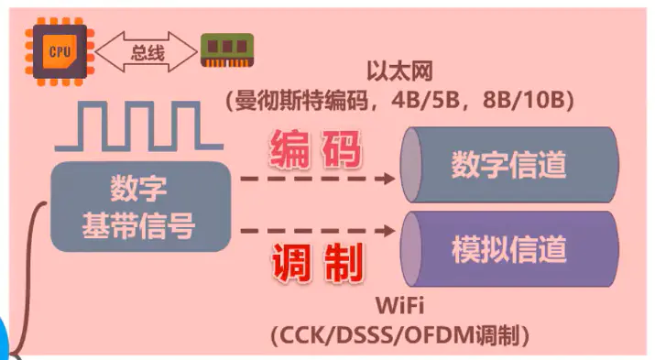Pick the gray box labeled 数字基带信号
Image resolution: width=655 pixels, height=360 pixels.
(x=138, y=206)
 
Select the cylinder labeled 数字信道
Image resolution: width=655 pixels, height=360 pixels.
(x=509, y=166)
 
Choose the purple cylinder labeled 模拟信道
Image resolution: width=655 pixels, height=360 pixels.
(x=509, y=248)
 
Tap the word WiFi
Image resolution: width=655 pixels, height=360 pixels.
(x=399, y=306)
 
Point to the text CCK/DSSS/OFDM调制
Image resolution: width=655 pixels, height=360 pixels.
(x=401, y=334)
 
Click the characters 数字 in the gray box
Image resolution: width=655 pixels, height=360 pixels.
(x=138, y=190)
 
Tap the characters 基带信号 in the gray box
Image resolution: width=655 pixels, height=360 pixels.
(x=138, y=224)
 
